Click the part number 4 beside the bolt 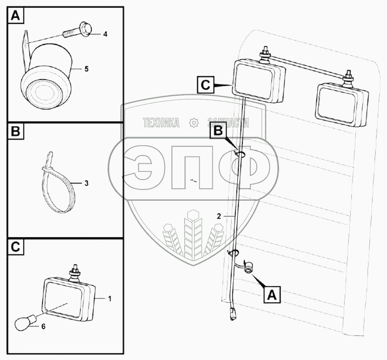coord(106,34)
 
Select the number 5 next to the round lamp coord(87,69)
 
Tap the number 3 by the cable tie coord(87,183)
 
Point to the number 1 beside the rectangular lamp coord(110,299)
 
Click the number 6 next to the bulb coord(43,327)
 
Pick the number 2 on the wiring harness coord(219,217)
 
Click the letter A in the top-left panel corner coord(16,16)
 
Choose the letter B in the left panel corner coord(16,131)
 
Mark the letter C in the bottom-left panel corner coord(16,246)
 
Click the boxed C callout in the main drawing coord(205,85)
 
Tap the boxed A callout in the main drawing coord(272,294)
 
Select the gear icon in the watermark coord(194,123)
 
